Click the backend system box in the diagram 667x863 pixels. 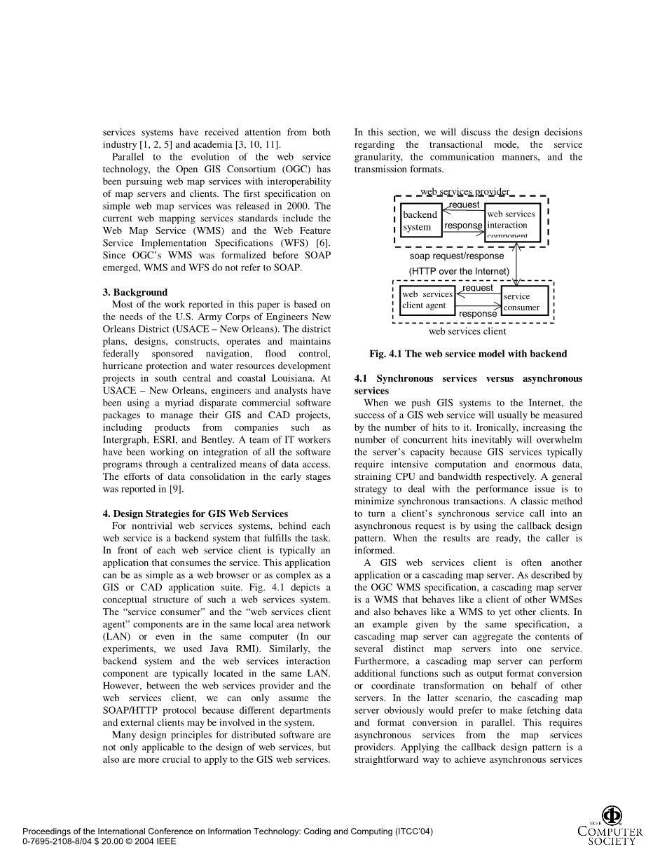(x=421, y=221)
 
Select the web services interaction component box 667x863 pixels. (x=512, y=223)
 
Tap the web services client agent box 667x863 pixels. (x=427, y=300)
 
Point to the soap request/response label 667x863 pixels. (x=456, y=256)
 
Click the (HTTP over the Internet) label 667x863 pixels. (x=459, y=271)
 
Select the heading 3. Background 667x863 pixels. (x=135, y=292)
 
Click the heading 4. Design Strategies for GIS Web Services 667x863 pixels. (x=195, y=513)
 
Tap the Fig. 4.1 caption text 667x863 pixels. (x=468, y=354)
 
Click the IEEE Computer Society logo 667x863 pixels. (x=610, y=827)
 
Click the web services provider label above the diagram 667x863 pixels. (x=465, y=192)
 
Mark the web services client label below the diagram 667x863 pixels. (x=467, y=331)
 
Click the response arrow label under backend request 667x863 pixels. (x=463, y=226)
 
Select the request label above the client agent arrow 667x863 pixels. (x=478, y=288)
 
